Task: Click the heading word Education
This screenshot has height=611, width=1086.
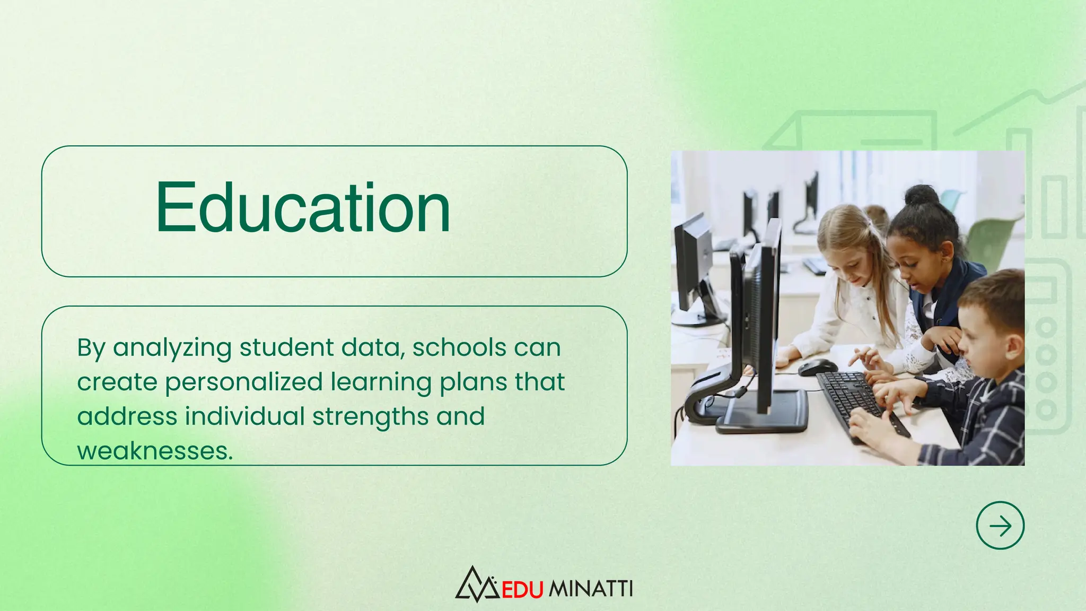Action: tap(303, 208)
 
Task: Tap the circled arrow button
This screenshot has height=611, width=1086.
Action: tap(1000, 525)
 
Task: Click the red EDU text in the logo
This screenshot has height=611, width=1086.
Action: tap(522, 589)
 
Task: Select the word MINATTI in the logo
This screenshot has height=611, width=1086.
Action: tap(590, 589)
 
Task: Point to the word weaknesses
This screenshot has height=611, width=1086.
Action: tap(155, 451)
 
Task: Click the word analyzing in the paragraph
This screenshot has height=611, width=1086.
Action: tap(172, 348)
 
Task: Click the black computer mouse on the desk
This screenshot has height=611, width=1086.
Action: tap(817, 366)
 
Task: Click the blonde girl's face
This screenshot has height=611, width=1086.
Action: tap(848, 263)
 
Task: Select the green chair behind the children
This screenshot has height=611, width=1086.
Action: tap(992, 239)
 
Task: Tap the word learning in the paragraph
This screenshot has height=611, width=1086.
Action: tap(381, 382)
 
